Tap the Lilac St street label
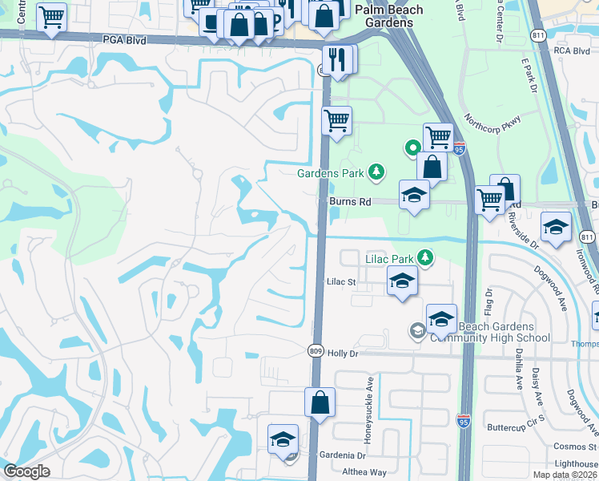tap(340, 282)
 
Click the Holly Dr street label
tap(346, 352)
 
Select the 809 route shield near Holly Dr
tap(316, 350)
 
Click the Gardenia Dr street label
tap(345, 455)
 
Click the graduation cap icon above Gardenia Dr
tap(283, 439)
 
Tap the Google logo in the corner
tap(26, 471)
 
